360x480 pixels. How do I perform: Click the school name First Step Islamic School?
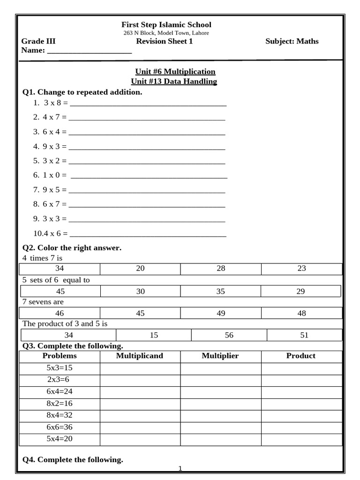pyautogui.click(x=166, y=25)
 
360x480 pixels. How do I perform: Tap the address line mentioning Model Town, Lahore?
pyautogui.click(x=166, y=33)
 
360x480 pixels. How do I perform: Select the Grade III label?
pyautogui.click(x=38, y=41)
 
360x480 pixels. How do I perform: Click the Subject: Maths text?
pyautogui.click(x=292, y=41)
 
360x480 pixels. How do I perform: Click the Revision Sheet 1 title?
pyautogui.click(x=164, y=41)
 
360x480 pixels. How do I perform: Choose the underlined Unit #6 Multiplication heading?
pyautogui.click(x=175, y=72)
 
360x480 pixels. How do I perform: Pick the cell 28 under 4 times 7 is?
pyautogui.click(x=221, y=269)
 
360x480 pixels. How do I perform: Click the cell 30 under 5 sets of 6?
pyautogui.click(x=140, y=292)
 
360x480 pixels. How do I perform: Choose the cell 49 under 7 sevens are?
pyautogui.click(x=221, y=314)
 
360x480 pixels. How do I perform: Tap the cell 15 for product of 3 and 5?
pyautogui.click(x=154, y=335)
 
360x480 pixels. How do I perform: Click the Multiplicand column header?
pyautogui.click(x=140, y=356)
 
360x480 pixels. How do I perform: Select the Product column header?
pyautogui.click(x=301, y=356)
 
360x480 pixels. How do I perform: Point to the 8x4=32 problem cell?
pyautogui.click(x=60, y=415)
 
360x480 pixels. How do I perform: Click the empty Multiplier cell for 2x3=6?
pyautogui.click(x=221, y=380)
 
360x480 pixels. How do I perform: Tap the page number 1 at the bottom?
pyautogui.click(x=180, y=469)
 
